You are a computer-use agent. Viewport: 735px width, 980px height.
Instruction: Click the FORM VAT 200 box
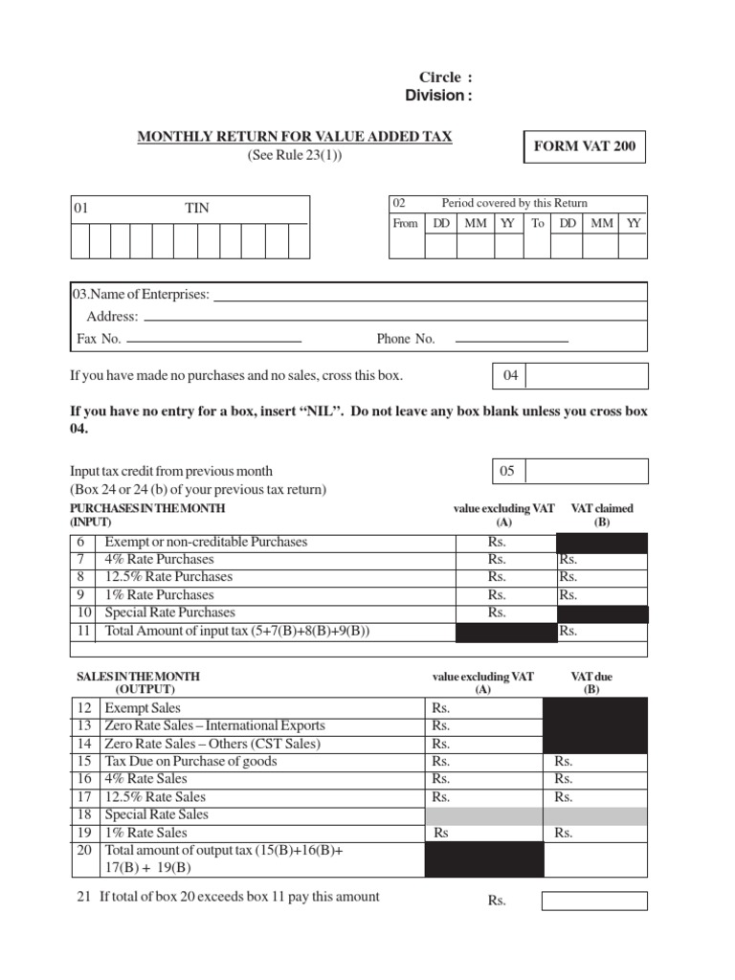[x=584, y=147]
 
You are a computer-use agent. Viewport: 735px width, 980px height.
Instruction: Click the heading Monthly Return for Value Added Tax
[x=295, y=137]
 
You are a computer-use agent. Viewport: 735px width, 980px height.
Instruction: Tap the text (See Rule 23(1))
[x=295, y=156]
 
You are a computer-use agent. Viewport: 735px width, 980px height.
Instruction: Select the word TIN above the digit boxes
[x=197, y=208]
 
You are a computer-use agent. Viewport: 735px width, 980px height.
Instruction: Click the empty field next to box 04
[x=587, y=376]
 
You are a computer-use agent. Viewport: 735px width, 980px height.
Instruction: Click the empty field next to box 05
[x=587, y=471]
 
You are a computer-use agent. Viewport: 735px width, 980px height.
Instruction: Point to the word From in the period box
[x=406, y=223]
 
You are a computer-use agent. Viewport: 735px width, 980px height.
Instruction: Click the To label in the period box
[x=538, y=223]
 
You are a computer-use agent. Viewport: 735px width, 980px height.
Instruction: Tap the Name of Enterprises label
[x=142, y=294]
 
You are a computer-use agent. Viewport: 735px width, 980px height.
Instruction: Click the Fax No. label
[x=99, y=339]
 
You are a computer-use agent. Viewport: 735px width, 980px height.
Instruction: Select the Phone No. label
[x=406, y=339]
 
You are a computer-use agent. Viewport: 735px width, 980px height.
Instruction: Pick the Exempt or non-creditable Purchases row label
[x=206, y=542]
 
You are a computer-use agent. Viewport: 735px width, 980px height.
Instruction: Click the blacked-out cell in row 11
[x=506, y=632]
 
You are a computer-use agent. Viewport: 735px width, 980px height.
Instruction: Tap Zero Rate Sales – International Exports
[x=214, y=726]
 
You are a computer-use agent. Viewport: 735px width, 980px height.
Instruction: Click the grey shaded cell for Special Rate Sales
[x=536, y=815]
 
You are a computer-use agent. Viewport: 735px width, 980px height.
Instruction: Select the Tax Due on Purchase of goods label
[x=190, y=762]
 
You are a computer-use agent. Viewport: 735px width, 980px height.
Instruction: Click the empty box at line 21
[x=594, y=901]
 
